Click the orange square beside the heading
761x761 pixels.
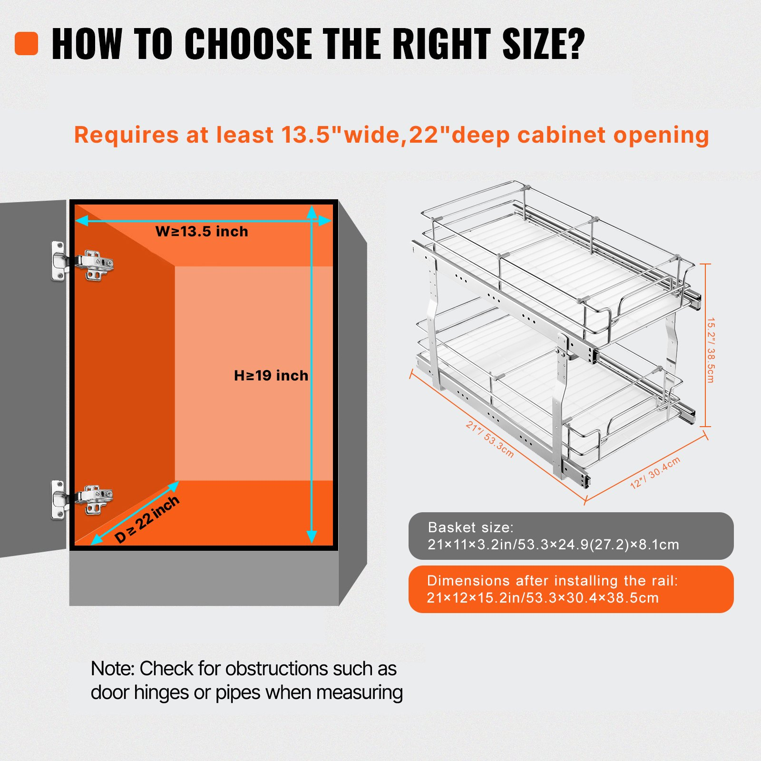point(26,43)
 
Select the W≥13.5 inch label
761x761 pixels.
point(202,232)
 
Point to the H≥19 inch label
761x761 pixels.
point(271,376)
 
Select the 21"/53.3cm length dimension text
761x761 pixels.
point(490,439)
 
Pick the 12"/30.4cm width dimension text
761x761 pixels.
point(655,472)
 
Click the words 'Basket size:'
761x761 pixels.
point(470,527)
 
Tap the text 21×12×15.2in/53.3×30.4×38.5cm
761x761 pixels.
point(543,598)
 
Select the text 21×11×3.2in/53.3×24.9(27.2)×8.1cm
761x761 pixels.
point(553,545)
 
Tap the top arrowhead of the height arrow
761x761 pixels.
point(312,212)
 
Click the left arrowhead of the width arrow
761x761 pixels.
point(82,220)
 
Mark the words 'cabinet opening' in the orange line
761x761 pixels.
point(613,136)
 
